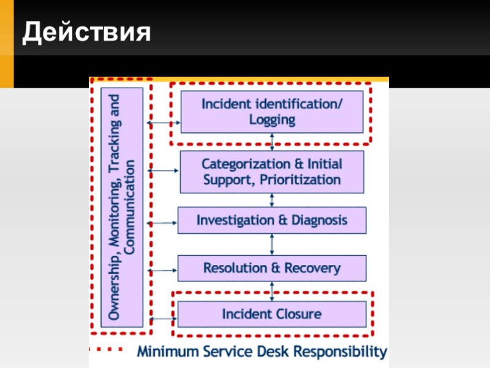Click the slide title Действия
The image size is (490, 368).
tap(86, 32)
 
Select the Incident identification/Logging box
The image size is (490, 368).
tap(272, 112)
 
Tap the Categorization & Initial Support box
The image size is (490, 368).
tap(272, 172)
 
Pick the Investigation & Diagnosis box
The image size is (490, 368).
tap(272, 220)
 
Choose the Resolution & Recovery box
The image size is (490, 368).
tap(272, 268)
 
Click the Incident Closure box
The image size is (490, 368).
tap(272, 314)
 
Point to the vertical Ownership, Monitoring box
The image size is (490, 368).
tap(122, 207)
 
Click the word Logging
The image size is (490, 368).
tap(272, 120)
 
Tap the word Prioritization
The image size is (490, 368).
tap(301, 180)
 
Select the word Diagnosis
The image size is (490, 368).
tap(318, 220)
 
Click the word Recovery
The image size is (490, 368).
tap(312, 268)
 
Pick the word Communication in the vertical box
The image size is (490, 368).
tap(130, 207)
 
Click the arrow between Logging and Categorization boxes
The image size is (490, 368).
tap(272, 142)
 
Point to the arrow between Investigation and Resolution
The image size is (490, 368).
tap(272, 244)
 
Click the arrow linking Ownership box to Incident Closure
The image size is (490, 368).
tap(163, 318)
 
